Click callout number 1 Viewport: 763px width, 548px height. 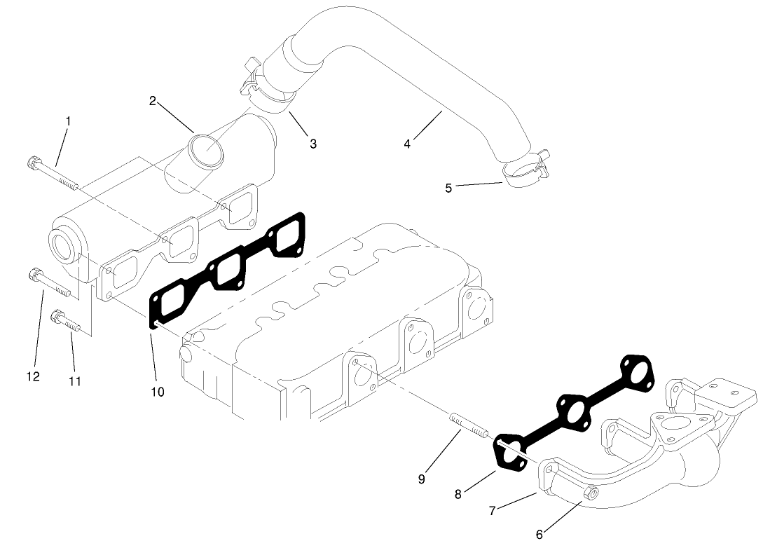coord(68,121)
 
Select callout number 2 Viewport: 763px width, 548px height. coord(152,101)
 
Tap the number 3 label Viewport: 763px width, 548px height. coord(313,144)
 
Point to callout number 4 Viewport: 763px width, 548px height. coord(407,144)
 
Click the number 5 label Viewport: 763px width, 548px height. coord(448,188)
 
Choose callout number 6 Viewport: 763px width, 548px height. coord(539,534)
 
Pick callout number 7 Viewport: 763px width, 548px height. coord(493,511)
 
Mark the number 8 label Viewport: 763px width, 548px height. coord(458,494)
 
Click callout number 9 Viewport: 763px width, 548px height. coord(421,479)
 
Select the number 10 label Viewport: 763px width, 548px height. coord(158,392)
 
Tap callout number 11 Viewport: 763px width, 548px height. coord(75,381)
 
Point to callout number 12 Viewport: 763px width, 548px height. coord(33,376)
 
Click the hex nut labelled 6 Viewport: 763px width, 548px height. coord(591,495)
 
